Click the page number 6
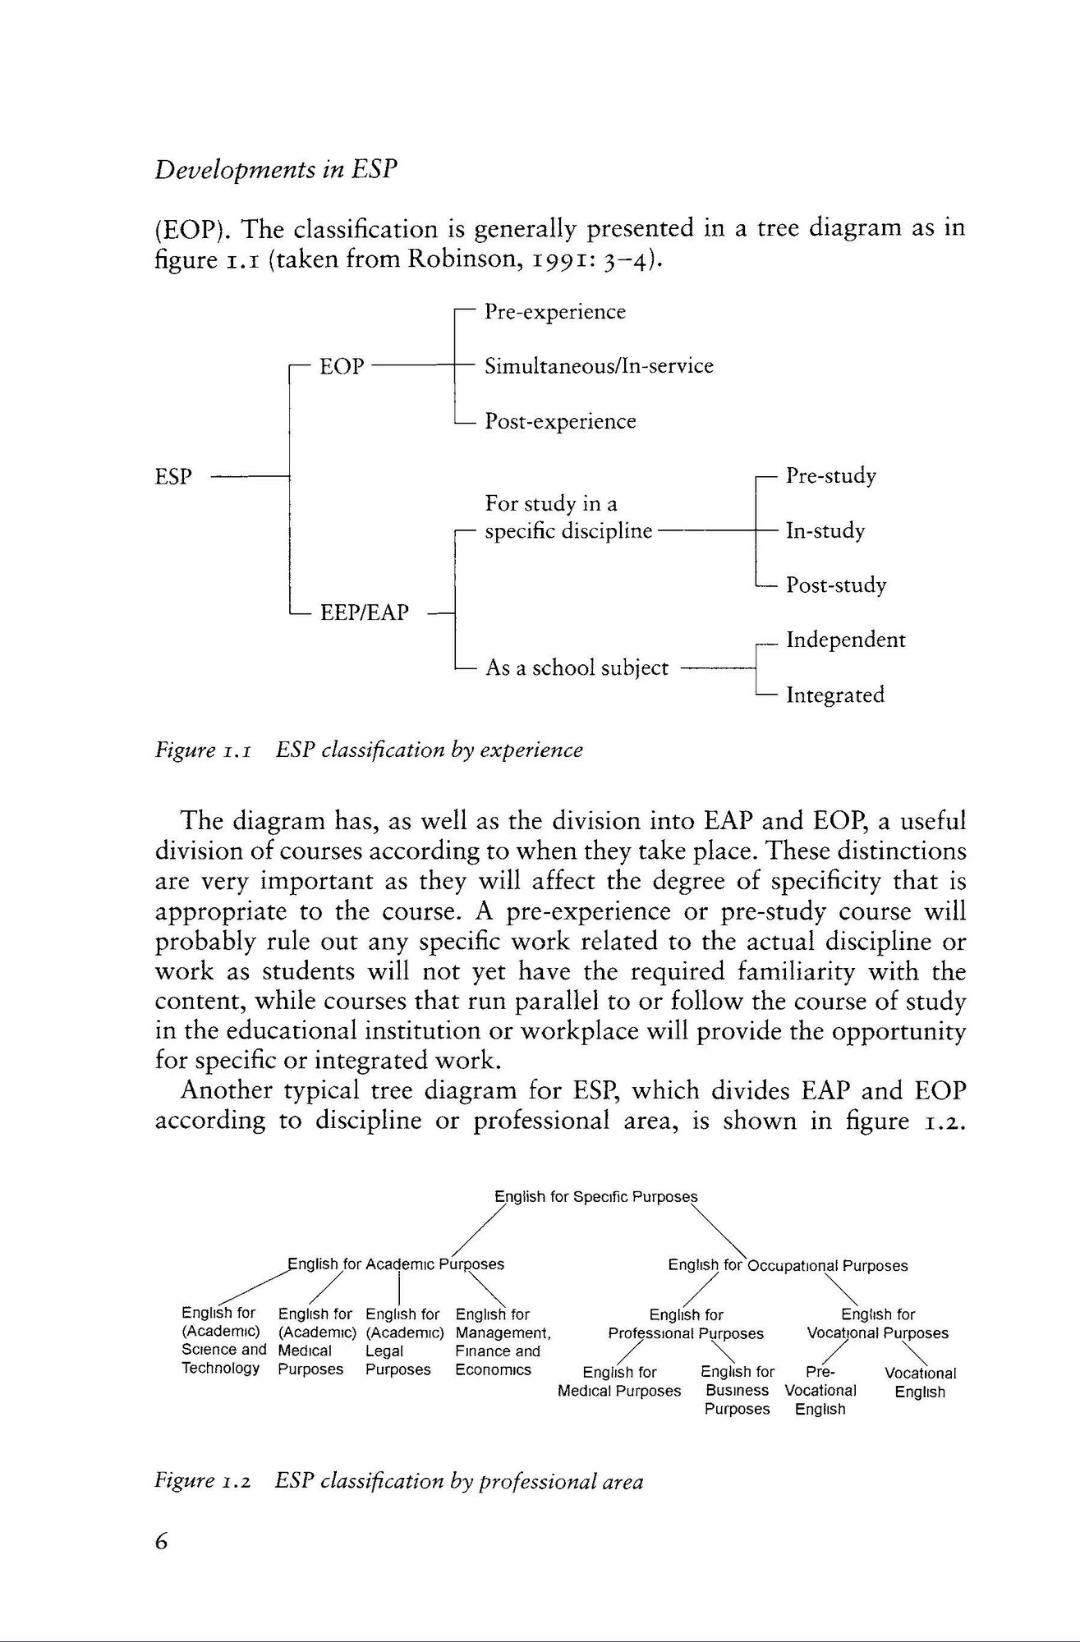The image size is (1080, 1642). click(161, 1541)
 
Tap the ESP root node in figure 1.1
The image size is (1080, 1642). click(172, 476)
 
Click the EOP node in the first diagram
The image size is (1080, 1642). click(342, 366)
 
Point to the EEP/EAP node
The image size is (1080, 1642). click(364, 612)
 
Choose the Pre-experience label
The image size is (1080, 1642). click(555, 312)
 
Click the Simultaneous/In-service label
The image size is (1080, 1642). click(599, 366)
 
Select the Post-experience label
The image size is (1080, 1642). click(560, 421)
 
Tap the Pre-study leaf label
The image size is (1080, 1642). click(831, 476)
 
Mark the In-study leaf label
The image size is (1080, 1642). click(825, 530)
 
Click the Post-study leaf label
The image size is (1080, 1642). click(836, 585)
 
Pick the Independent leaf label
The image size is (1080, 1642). click(846, 640)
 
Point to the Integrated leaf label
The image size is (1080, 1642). click(835, 695)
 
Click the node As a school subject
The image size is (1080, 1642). click(577, 667)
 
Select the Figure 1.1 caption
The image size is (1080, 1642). click(369, 750)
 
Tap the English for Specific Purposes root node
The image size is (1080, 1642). click(595, 1196)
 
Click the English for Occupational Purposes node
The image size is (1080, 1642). click(788, 1265)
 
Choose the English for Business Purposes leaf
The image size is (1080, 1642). click(738, 1390)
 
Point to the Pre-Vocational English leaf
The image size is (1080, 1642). click(820, 1390)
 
